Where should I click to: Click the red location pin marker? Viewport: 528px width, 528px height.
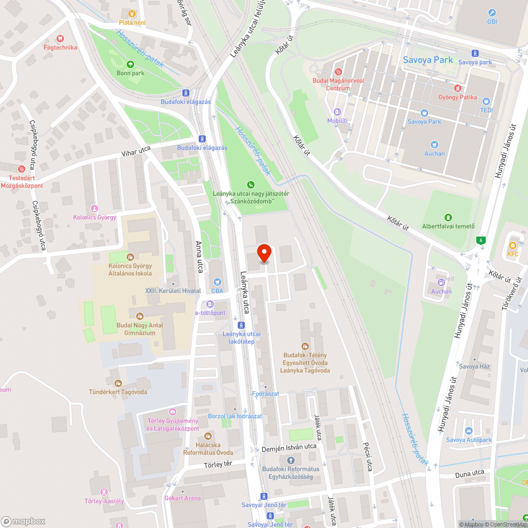[264, 253]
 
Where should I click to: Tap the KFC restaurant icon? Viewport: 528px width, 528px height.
[512, 245]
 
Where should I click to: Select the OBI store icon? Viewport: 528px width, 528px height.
[492, 13]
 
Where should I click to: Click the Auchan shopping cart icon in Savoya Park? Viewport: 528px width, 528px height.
[435, 144]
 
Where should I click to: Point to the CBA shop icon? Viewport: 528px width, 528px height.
[217, 281]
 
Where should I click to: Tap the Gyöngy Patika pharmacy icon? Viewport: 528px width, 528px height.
[457, 88]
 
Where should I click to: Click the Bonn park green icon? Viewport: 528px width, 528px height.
[130, 64]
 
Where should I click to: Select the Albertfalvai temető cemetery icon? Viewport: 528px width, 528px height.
[448, 217]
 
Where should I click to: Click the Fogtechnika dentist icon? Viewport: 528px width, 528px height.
[60, 38]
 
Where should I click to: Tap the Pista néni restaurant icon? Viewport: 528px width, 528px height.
[132, 13]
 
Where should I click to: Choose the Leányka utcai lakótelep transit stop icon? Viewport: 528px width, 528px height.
[241, 325]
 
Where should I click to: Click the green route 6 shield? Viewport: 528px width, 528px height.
[480, 240]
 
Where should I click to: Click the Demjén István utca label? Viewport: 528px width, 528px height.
[289, 448]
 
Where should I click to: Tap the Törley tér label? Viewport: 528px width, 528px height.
[218, 465]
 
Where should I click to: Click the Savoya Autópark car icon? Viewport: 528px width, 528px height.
[468, 430]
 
